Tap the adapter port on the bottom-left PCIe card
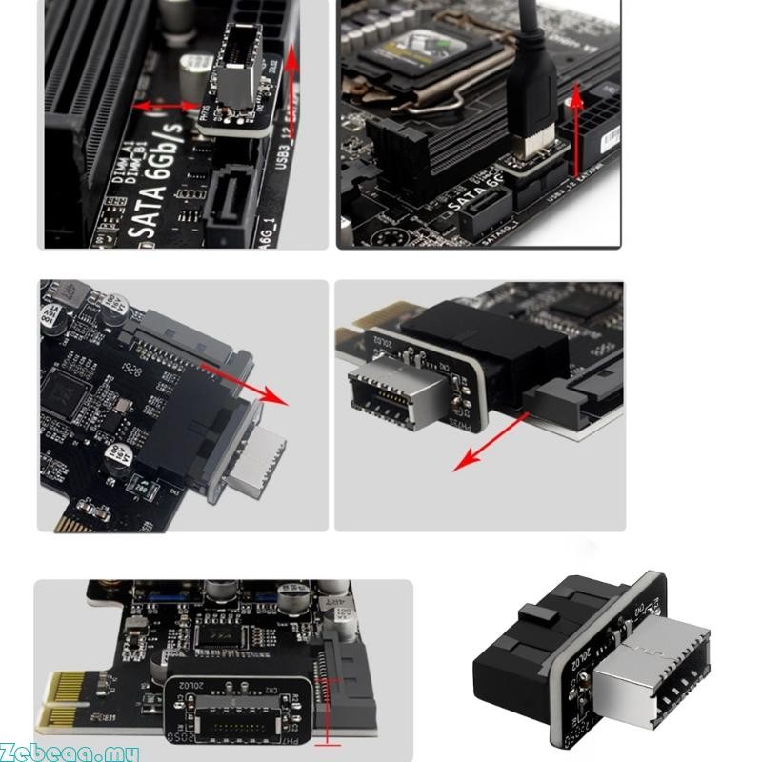228,715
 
